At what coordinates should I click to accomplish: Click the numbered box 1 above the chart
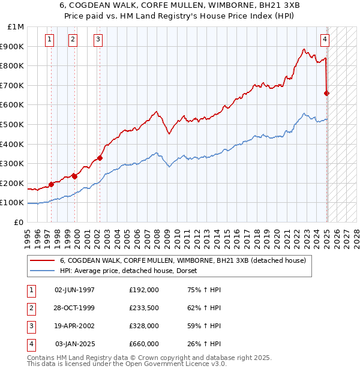tap(49, 40)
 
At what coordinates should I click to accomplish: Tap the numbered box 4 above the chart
tap(325, 40)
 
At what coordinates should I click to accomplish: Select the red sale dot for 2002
tap(100, 158)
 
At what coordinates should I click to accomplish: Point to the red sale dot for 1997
tap(51, 185)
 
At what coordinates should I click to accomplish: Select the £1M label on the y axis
tap(16, 27)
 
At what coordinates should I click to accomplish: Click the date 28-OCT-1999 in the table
tap(74, 307)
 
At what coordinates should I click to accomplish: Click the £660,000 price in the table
tap(144, 344)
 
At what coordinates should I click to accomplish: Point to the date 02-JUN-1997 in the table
tap(74, 289)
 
